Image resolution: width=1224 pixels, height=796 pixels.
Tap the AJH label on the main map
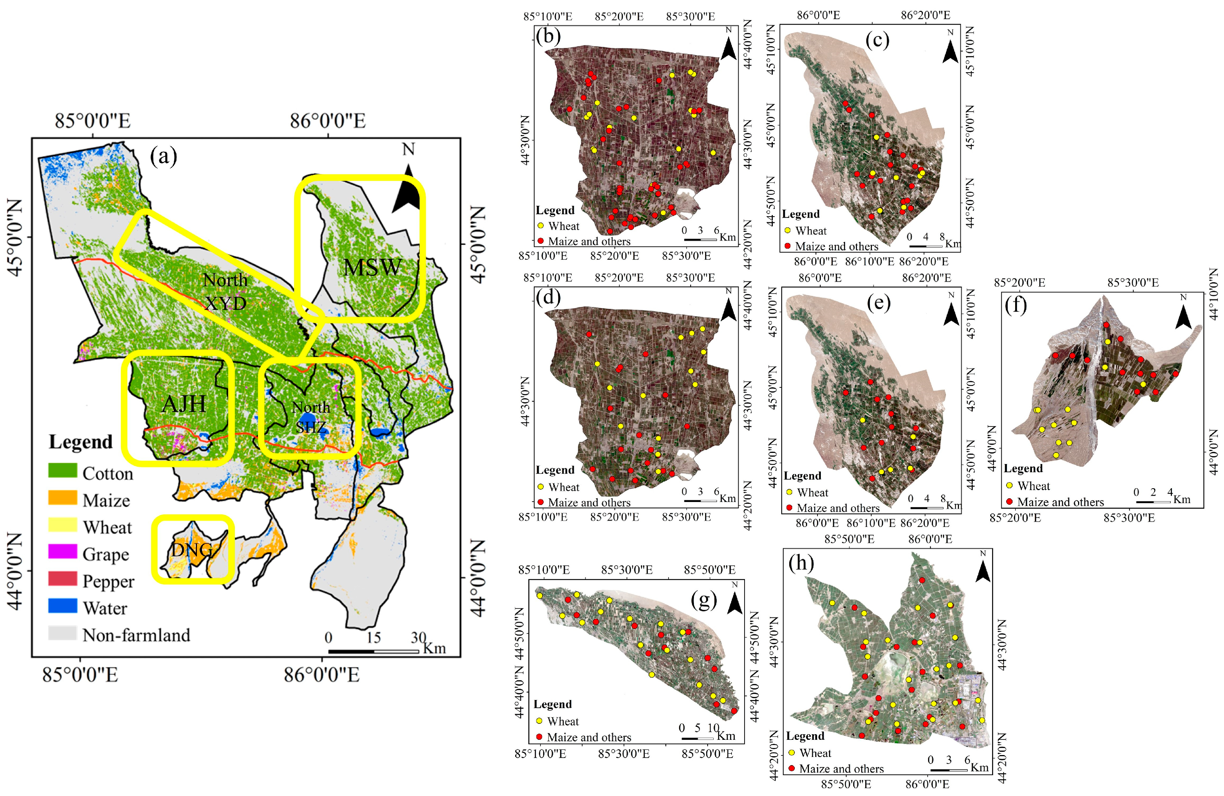coord(184,404)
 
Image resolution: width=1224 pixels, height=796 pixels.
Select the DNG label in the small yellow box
coord(192,550)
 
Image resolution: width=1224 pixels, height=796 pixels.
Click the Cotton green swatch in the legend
coord(63,470)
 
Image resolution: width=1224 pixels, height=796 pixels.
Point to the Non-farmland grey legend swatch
coord(63,633)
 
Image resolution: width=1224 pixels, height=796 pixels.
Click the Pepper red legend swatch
coord(63,579)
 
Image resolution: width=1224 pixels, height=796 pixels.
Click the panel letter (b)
coord(548,36)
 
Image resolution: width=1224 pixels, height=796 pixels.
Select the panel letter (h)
coord(801,563)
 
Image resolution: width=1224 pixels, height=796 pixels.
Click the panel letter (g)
coord(704,600)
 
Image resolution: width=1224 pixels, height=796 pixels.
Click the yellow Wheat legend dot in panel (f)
coord(1009,485)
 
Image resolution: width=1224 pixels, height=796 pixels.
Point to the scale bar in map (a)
coord(373,652)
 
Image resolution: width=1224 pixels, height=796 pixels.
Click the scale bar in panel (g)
coord(697,738)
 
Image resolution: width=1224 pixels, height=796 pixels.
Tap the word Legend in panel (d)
coord(555,470)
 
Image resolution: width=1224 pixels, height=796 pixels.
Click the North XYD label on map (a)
coord(225,291)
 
